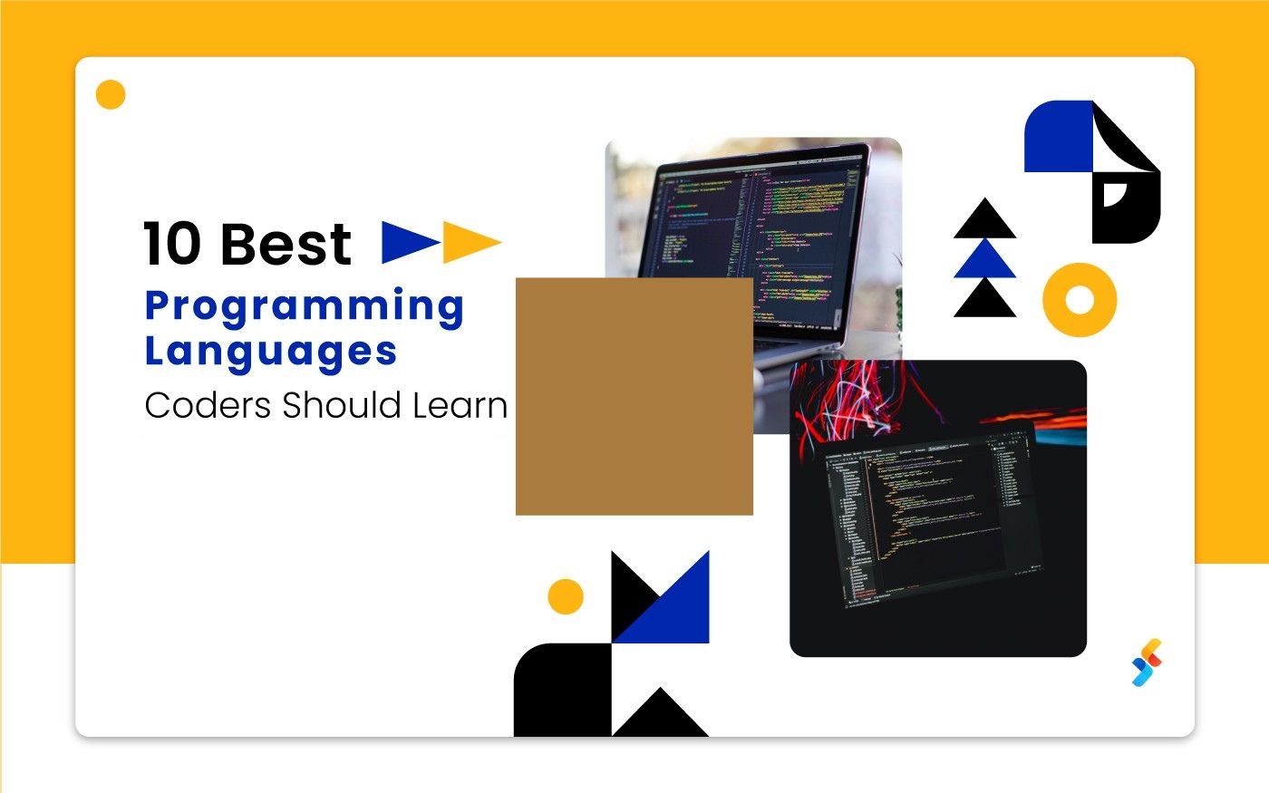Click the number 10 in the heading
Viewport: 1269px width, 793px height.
pyautogui.click(x=172, y=245)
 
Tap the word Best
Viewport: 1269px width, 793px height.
pyautogui.click(x=285, y=245)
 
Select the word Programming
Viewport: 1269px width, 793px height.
pyautogui.click(x=305, y=308)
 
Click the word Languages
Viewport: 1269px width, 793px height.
pyautogui.click(x=270, y=352)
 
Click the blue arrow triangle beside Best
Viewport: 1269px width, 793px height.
pyautogui.click(x=406, y=242)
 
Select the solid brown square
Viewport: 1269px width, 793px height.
pyautogui.click(x=634, y=396)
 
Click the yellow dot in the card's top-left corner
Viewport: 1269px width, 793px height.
pyautogui.click(x=111, y=94)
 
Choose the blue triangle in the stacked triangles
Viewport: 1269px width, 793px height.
pyautogui.click(x=984, y=261)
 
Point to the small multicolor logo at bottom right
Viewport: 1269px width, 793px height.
pyautogui.click(x=1147, y=662)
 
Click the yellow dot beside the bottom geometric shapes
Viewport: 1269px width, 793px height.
pyautogui.click(x=566, y=596)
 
